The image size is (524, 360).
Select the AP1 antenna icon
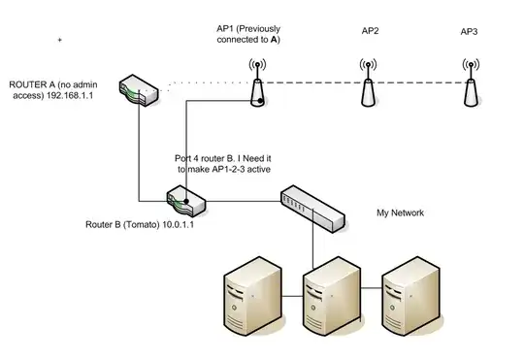coord(258,84)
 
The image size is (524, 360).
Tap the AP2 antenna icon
coord(369,84)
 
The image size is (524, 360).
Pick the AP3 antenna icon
coord(470,84)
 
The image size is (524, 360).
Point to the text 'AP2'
coord(369,32)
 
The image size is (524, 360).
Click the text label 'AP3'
coord(470,32)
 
